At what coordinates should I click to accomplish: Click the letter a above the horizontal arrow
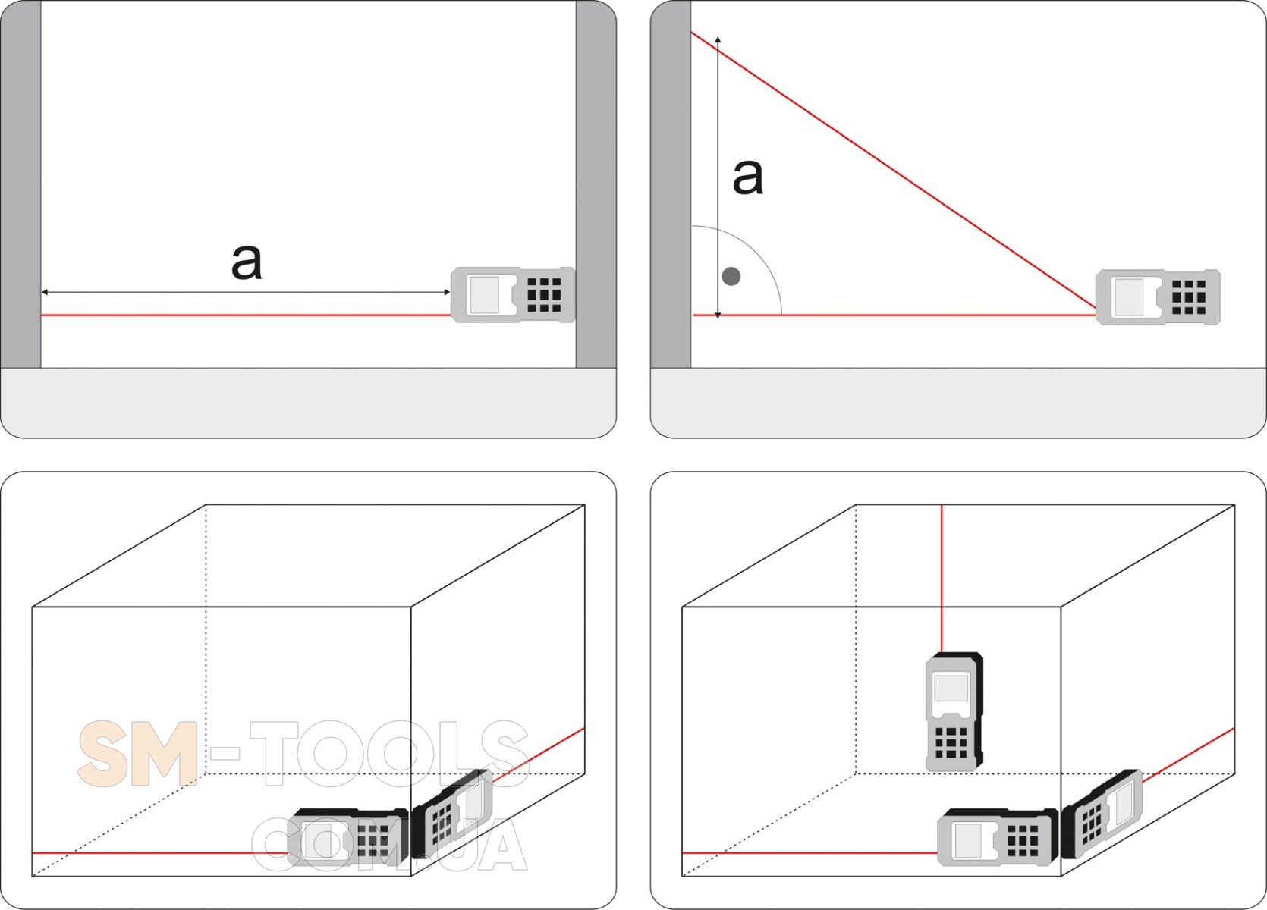tap(247, 262)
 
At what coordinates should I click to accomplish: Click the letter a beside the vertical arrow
tap(748, 177)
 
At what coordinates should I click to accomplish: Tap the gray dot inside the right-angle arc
tap(731, 276)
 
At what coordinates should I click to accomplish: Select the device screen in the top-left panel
tap(485, 294)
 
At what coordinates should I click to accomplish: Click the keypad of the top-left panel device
tap(544, 295)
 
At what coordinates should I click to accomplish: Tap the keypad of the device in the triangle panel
tap(1189, 297)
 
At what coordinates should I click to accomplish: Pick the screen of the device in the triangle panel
tap(1130, 297)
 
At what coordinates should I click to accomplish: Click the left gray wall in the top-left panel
tap(21, 184)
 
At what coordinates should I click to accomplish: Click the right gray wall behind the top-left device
tap(596, 184)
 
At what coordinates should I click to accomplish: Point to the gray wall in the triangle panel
tap(671, 184)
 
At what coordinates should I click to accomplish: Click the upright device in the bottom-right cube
tap(954, 712)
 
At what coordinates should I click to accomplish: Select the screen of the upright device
tap(951, 689)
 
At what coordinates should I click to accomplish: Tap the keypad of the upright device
tap(951, 742)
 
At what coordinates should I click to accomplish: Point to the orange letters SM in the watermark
tap(137, 754)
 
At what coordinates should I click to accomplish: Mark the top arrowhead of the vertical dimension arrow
tap(718, 40)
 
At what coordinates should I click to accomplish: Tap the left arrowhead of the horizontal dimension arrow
tap(46, 292)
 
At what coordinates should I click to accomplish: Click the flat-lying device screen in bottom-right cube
tap(968, 841)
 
